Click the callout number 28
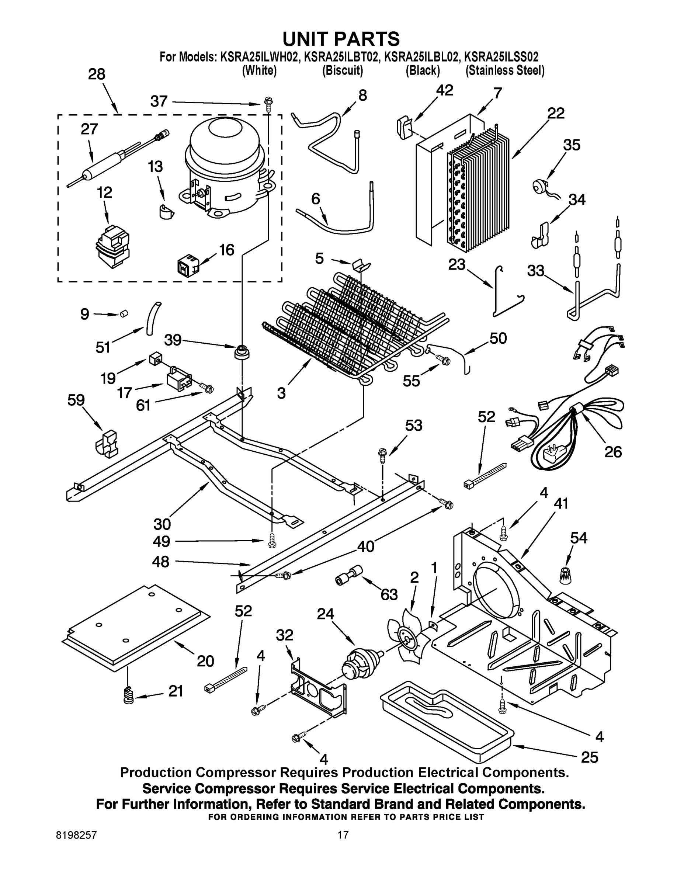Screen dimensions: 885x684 [97, 74]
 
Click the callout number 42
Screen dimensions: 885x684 [445, 90]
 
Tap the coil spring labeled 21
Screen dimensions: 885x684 [128, 696]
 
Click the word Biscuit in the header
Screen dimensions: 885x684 [343, 70]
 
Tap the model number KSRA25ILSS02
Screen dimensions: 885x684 [501, 56]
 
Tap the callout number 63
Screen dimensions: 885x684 [389, 594]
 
